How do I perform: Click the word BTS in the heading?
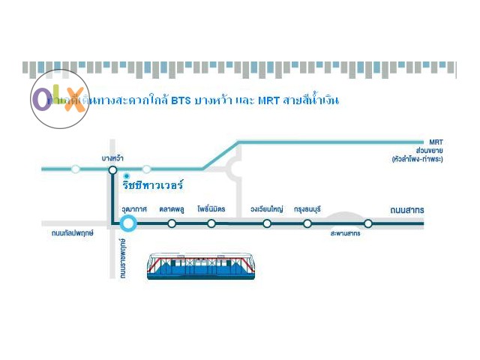[x=181, y=100]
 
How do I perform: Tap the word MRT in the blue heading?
[x=268, y=100]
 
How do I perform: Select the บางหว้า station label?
[x=112, y=158]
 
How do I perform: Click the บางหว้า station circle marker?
[x=112, y=169]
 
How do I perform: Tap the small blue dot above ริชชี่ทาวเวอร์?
[x=127, y=175]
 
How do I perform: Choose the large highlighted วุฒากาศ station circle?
[x=128, y=223]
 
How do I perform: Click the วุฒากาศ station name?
[x=134, y=209]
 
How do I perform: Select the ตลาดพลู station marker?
[x=172, y=223]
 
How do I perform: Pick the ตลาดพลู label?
[x=172, y=209]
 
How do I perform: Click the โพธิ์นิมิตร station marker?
[x=211, y=223]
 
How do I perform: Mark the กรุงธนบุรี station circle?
[x=307, y=223]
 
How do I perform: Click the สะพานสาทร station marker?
[x=368, y=223]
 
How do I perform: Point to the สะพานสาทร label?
[x=345, y=234]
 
